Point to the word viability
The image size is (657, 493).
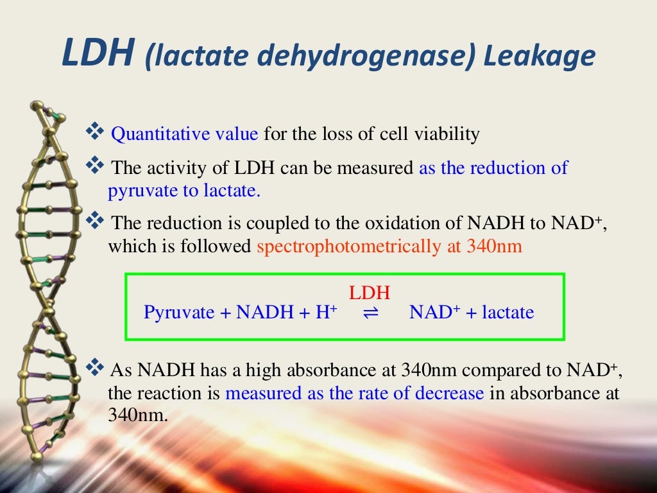448,134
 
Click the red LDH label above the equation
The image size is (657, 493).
370,293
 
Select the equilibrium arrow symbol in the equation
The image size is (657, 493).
371,313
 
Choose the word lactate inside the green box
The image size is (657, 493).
508,313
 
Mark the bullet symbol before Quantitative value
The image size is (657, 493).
95,133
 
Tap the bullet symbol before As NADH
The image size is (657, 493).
95,368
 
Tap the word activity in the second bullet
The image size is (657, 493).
179,168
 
